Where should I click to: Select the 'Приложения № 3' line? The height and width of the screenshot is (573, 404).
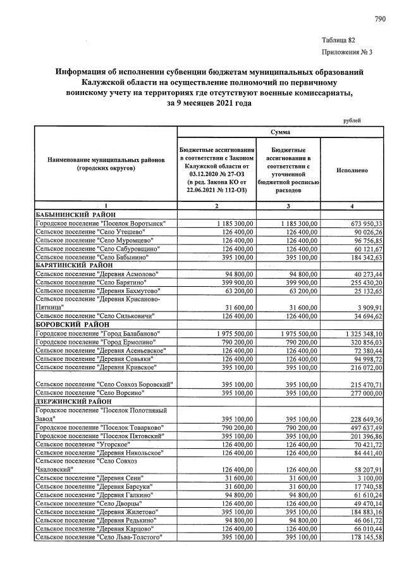point(347,52)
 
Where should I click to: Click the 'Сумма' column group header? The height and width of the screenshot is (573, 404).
point(280,132)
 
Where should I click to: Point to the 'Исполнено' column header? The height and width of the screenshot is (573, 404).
point(352,171)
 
